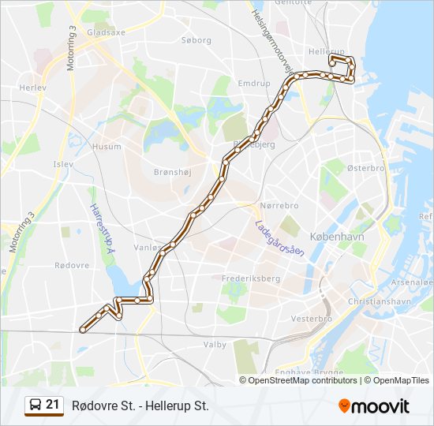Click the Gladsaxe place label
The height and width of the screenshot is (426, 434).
(107, 33)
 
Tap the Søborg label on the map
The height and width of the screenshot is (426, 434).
(196, 39)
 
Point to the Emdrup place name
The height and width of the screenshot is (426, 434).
(254, 83)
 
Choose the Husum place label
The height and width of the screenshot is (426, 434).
(107, 147)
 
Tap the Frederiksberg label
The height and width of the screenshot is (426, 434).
(251, 278)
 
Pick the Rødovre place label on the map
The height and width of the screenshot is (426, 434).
(72, 265)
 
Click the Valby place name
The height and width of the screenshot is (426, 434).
(215, 345)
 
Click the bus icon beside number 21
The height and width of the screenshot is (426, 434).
(35, 405)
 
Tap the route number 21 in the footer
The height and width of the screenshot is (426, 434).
(53, 405)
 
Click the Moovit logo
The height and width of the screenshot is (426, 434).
(374, 406)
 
